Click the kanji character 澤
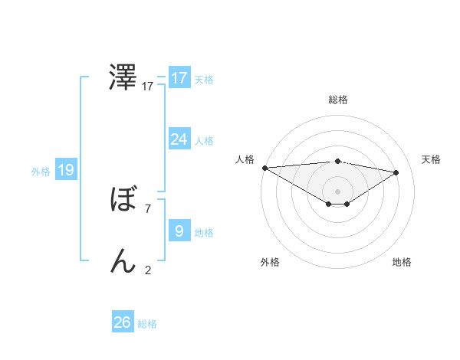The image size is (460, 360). click(x=123, y=78)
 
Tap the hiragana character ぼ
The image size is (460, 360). click(x=123, y=200)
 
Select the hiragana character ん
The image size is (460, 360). click(x=123, y=261)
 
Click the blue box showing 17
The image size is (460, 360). click(x=179, y=78)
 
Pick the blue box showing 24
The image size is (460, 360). click(x=179, y=139)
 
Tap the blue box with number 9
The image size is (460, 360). click(x=179, y=231)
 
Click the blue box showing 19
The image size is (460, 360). click(x=66, y=170)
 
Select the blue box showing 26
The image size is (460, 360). click(x=123, y=322)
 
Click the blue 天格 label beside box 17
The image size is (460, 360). click(x=204, y=79)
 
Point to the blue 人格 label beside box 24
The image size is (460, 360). click(x=204, y=141)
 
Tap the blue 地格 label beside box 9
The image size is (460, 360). click(x=204, y=232)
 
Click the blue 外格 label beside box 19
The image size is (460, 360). click(x=41, y=172)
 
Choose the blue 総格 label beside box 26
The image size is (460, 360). click(x=147, y=324)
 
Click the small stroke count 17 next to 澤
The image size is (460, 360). click(x=148, y=87)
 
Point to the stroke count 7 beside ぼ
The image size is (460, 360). click(x=148, y=208)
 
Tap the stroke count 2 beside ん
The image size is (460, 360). click(x=148, y=270)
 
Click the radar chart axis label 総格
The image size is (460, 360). click(x=337, y=100)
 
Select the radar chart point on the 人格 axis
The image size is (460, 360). click(x=264, y=168)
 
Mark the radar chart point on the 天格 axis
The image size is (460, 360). click(x=396, y=172)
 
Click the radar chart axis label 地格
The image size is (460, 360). click(x=402, y=262)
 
